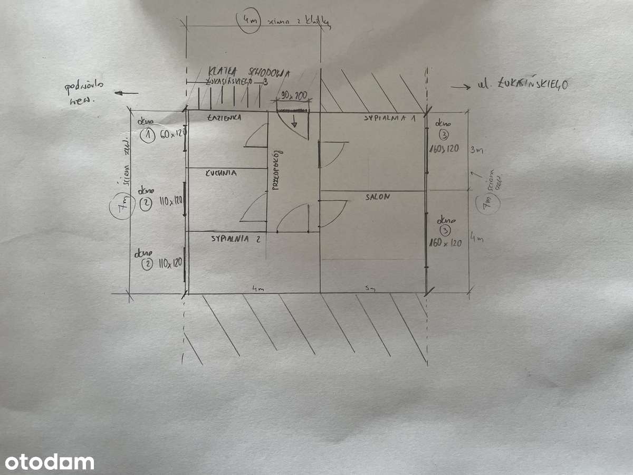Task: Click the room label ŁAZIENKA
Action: point(225,118)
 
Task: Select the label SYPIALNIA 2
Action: point(236,237)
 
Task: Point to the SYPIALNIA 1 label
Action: point(390,118)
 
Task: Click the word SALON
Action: point(378,197)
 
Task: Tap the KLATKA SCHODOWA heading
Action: point(248,72)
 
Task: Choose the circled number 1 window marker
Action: point(146,136)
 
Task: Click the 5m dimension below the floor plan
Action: point(371,288)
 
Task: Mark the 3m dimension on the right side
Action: point(476,150)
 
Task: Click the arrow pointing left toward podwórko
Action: point(127,93)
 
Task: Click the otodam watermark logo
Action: point(47,462)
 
